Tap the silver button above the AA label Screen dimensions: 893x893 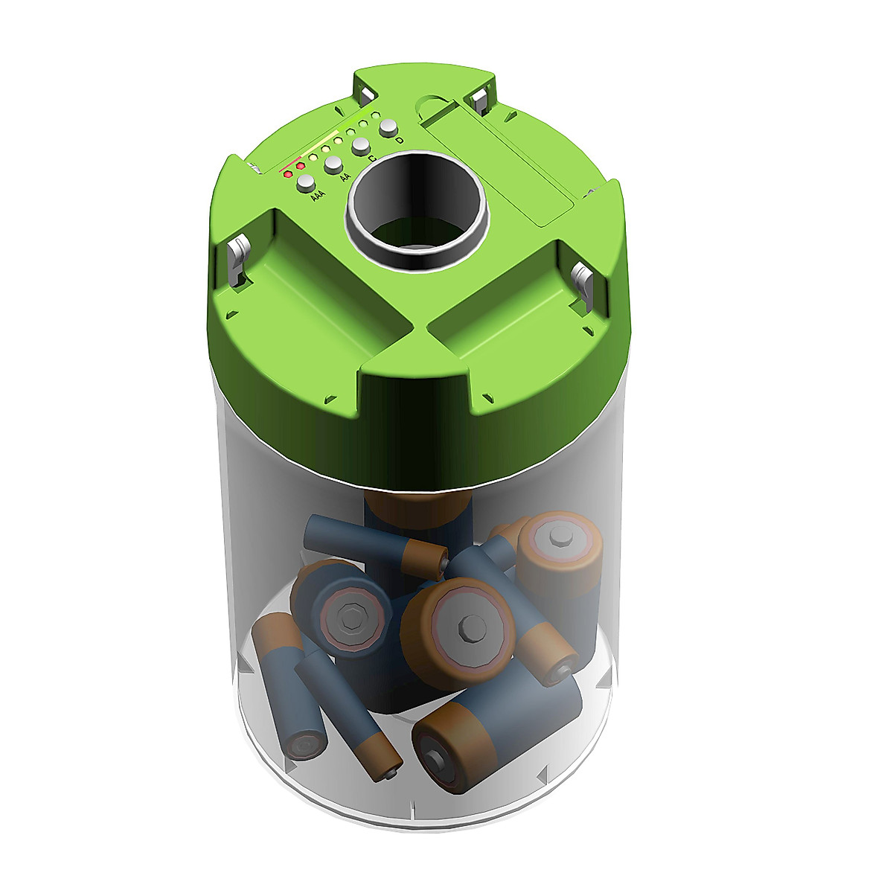point(333,164)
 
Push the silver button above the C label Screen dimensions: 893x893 point(361,145)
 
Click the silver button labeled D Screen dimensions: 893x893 point(388,128)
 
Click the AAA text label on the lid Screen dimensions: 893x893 point(318,196)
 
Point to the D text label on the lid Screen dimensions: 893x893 point(400,141)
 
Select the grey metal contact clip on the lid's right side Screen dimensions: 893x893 point(584,283)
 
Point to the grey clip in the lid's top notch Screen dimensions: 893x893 point(367,94)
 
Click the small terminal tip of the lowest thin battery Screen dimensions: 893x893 point(391,775)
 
